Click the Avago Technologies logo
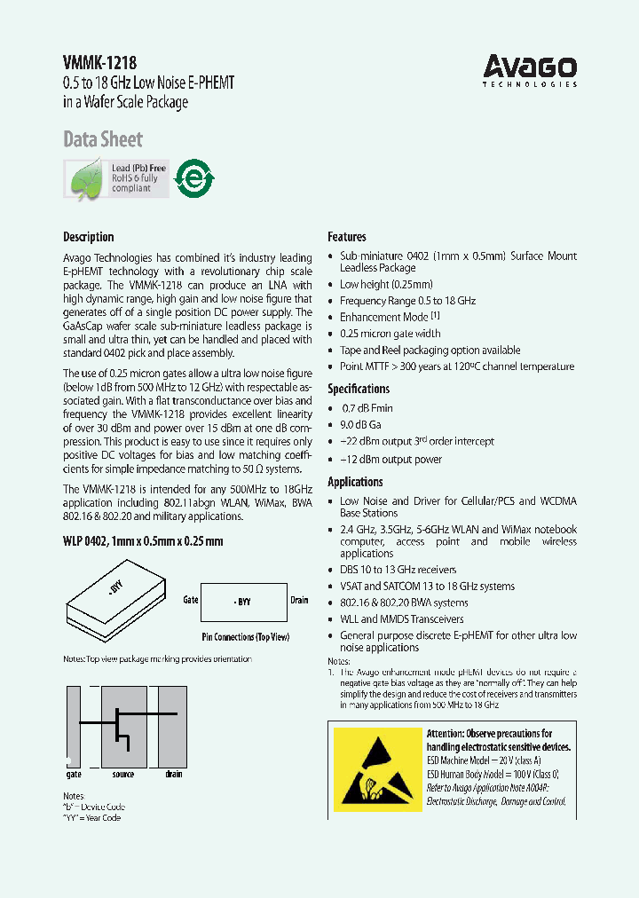530,69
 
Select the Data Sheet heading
103,139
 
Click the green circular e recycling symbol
193,178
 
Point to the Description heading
89,237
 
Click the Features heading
347,237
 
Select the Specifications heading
359,389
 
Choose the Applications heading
355,482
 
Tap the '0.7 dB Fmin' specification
367,408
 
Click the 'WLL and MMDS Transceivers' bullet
401,619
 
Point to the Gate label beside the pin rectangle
190,600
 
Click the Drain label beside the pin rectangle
300,600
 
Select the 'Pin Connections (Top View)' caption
245,638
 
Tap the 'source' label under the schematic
123,775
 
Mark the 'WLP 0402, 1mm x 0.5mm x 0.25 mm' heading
143,540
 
